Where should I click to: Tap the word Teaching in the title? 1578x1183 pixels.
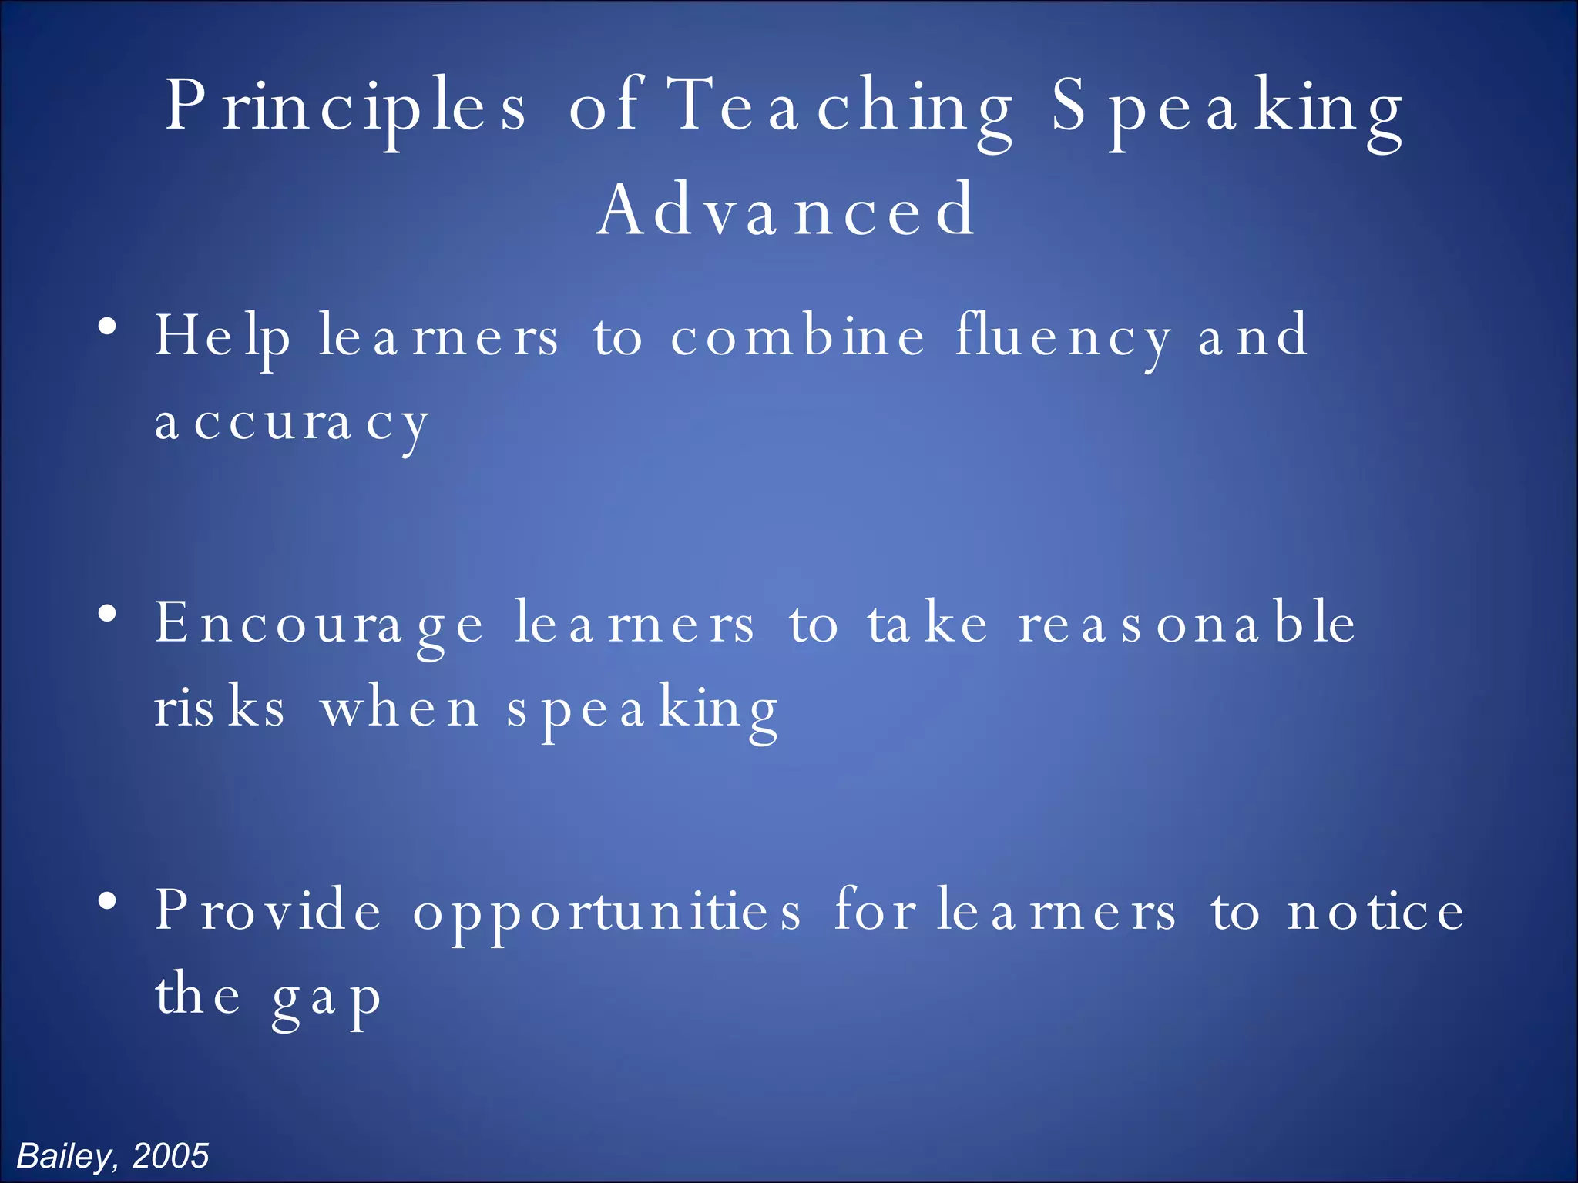tap(840, 108)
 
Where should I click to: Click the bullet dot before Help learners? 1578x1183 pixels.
tap(108, 327)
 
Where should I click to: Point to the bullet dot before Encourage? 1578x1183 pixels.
tap(108, 615)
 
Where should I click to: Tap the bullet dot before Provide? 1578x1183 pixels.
tap(108, 901)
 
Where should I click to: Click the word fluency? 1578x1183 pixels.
tap(1063, 337)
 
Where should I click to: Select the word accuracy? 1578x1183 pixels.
tap(291, 424)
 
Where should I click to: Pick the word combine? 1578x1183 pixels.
tap(797, 337)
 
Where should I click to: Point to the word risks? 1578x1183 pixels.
tap(220, 709)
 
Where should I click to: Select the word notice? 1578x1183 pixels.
tap(1375, 911)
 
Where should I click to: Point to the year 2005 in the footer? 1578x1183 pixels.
tap(170, 1156)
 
